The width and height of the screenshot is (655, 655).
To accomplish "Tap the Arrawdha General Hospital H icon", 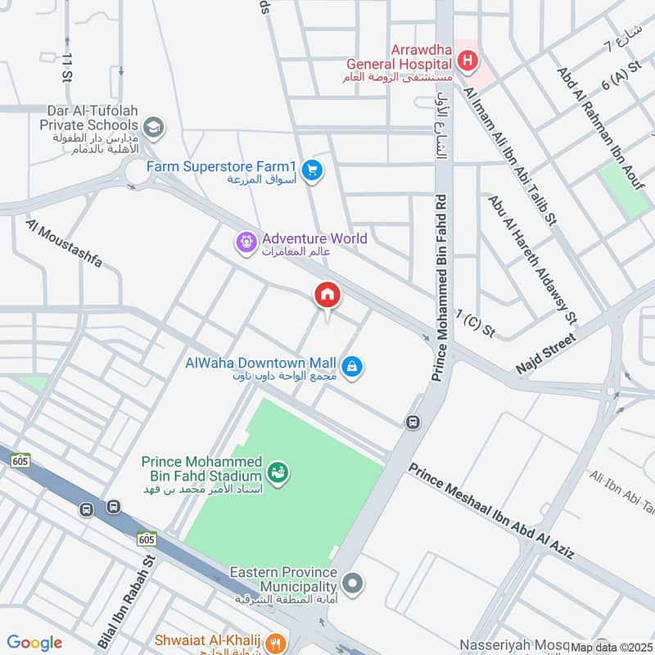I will coord(468,59).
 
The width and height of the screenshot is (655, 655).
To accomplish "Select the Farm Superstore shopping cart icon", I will coord(311,170).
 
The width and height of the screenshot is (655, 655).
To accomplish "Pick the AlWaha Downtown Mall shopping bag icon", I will coord(352,367).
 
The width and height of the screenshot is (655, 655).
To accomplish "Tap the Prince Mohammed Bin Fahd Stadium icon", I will coord(278,473).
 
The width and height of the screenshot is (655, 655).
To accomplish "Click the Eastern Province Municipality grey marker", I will coord(353,583).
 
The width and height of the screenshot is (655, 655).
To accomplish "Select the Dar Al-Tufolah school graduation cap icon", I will coord(152,128).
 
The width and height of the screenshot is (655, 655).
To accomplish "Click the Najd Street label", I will coord(547,354).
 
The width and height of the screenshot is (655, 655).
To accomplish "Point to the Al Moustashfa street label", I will coord(64,243).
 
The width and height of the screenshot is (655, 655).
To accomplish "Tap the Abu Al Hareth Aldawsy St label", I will coord(532,257).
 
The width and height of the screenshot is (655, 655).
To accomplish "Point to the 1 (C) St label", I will coord(477,323).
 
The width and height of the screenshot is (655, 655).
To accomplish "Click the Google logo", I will coord(34,643).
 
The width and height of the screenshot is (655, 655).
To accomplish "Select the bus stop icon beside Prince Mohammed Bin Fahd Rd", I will coord(413,422).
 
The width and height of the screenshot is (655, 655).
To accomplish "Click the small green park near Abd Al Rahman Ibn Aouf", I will coord(624,190).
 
